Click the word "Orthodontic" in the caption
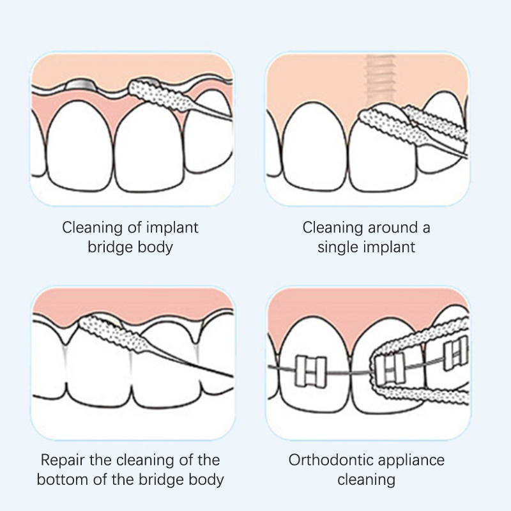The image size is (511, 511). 330,460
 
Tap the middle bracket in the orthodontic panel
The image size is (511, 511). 390,368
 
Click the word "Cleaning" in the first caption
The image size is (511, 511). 91,227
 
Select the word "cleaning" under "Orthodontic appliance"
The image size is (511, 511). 366,480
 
